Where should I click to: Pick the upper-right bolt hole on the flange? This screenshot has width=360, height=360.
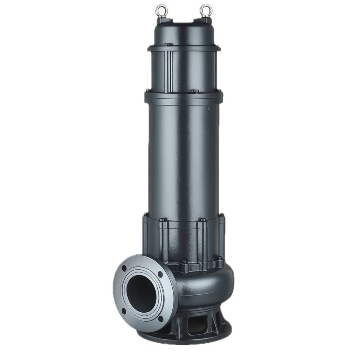click(x=160, y=274)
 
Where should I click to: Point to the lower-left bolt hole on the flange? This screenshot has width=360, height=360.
click(x=124, y=311)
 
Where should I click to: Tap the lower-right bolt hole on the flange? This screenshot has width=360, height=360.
click(x=160, y=318)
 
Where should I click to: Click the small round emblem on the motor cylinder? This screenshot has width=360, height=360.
click(x=211, y=108)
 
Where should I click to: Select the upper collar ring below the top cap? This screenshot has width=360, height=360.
click(x=184, y=48)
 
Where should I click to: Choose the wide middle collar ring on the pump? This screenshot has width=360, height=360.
click(x=184, y=97)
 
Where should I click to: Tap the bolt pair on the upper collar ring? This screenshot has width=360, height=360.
click(x=168, y=44)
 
